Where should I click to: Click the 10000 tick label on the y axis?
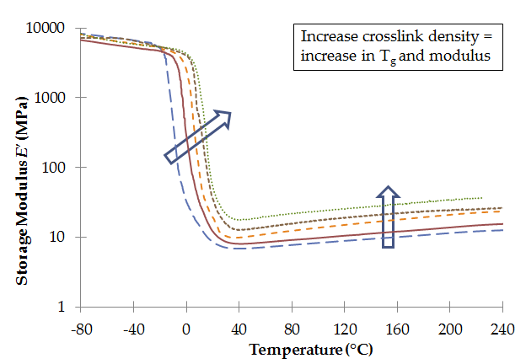tap(46, 28)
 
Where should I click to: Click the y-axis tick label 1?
tap(62, 307)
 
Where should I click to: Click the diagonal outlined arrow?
tap(197, 136)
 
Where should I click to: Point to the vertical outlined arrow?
tap(388, 217)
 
